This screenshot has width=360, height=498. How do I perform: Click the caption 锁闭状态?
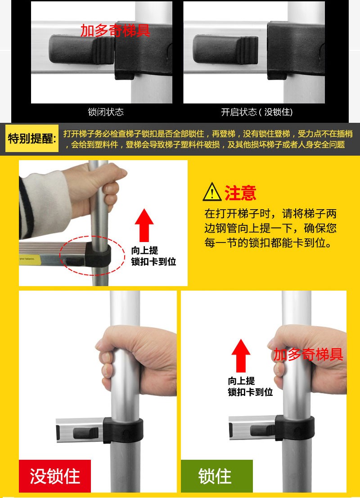point(105,112)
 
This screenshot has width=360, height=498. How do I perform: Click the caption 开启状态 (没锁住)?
point(257,112)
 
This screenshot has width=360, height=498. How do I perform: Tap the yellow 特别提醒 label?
point(32,139)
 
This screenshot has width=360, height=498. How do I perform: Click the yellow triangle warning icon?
point(212,192)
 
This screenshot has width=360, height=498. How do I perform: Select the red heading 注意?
point(240,193)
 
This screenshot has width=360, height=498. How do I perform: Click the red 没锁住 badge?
point(55,476)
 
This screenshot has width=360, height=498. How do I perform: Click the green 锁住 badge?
point(217,476)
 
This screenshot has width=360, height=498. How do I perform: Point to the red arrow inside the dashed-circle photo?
point(144,225)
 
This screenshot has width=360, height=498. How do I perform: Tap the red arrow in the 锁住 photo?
point(241,356)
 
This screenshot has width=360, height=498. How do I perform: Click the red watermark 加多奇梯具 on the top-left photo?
point(115,31)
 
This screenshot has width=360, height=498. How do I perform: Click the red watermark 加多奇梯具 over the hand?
point(308,354)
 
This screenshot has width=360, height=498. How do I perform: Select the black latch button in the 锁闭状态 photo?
point(81,49)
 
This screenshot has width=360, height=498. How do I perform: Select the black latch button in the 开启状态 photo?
point(225,49)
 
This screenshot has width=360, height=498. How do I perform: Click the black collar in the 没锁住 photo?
point(123,431)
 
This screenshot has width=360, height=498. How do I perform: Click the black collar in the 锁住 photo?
point(295,428)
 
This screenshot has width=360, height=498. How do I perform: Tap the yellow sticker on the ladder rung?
point(30,260)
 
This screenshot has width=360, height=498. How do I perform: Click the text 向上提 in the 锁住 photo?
point(241,381)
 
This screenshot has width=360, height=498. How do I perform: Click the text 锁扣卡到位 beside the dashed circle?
point(153,262)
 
